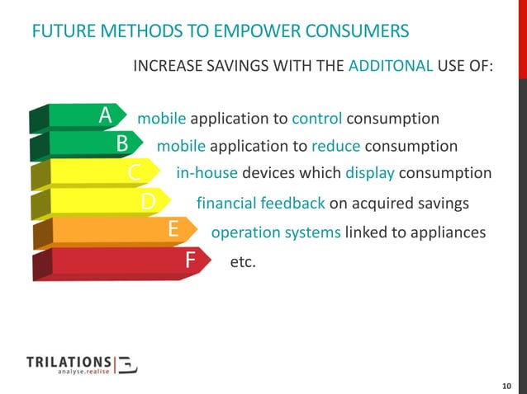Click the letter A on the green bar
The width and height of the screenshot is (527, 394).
[106, 117]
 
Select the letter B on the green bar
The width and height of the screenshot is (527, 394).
[122, 144]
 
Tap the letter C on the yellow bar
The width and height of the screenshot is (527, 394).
[135, 173]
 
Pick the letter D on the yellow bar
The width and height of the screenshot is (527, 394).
[148, 202]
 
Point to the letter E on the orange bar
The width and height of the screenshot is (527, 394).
[174, 231]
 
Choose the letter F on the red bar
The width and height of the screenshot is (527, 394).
[190, 261]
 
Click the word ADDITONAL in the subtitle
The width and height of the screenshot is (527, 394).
[391, 88]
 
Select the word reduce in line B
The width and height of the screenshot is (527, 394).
[335, 146]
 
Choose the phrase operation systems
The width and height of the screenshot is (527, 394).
[276, 232]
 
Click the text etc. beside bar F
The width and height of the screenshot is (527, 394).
[243, 262]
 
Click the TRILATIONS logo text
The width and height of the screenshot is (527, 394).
[69, 362]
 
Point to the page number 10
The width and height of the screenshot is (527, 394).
[507, 386]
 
